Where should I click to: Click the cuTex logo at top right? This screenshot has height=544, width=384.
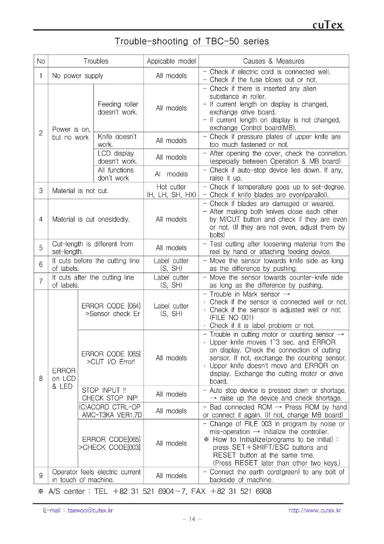pos(328,25)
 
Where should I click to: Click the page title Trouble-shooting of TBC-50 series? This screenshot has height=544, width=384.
pos(192,41)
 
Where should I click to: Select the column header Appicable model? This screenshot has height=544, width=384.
pos(171,61)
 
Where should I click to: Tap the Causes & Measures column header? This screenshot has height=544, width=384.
pos(273,61)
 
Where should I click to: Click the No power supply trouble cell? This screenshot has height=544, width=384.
pos(78,76)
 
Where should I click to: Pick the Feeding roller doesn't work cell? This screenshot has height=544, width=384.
pos(118,108)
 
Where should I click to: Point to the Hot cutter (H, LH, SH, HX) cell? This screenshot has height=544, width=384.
pos(171,191)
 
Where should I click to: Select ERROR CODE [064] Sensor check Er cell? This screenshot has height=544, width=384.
pos(111,310)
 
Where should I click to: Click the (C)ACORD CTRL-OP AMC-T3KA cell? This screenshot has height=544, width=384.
pos(110,411)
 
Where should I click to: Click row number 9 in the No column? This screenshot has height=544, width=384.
pos(41,475)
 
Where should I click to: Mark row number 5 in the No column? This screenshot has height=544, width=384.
pos(41,248)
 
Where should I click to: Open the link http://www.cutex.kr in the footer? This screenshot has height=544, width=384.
pos(314,510)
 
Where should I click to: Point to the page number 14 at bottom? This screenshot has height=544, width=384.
pos(192,520)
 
